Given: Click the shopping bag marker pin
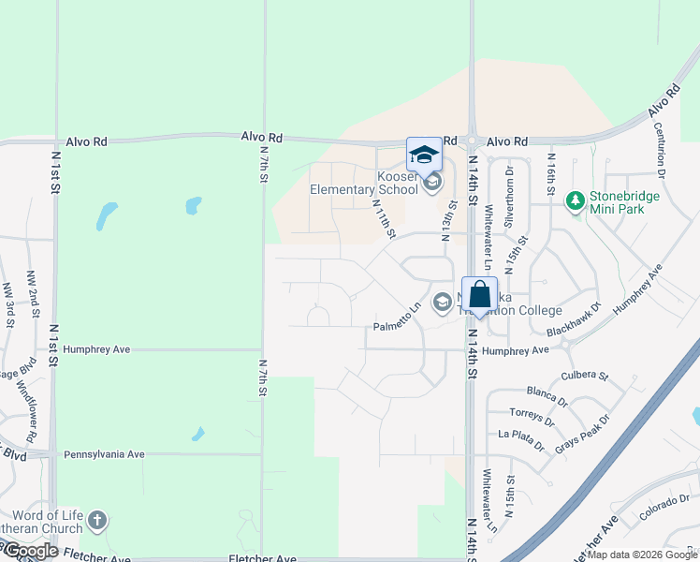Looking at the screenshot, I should (x=479, y=296).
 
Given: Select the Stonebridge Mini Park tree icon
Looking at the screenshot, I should (x=574, y=200).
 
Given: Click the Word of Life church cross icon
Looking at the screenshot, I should (x=98, y=521).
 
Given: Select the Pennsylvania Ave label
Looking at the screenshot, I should (x=104, y=454).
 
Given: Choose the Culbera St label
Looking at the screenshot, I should (x=585, y=376).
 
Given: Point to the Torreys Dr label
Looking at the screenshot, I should (x=532, y=414).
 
